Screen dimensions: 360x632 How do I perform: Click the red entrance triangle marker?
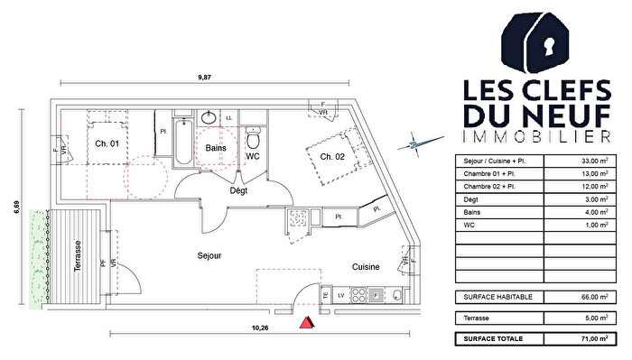[306, 321]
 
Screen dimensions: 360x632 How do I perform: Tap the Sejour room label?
[209, 256]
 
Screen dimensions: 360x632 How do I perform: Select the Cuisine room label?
[365, 268]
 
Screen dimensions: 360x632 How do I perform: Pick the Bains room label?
[215, 146]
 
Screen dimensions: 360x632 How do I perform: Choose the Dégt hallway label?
[238, 191]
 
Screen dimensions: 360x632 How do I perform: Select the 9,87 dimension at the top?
[203, 78]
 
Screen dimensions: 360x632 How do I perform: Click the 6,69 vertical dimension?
[15, 208]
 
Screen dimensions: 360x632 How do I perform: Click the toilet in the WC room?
[254, 138]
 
